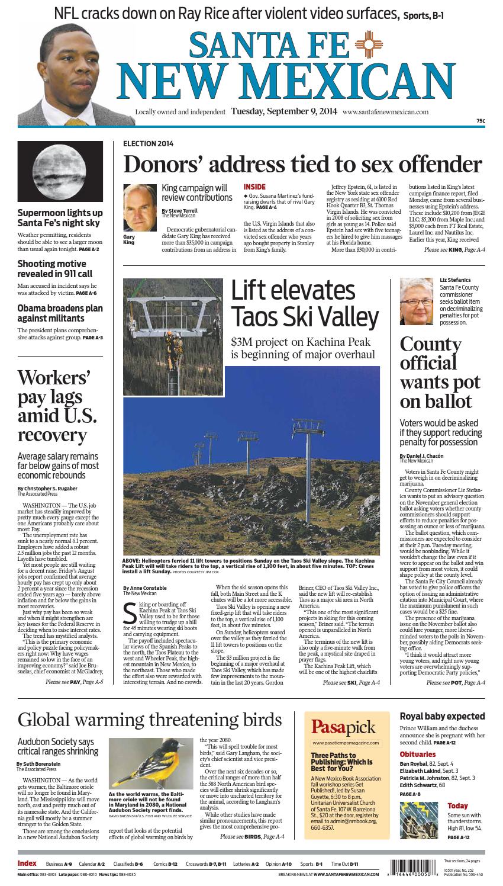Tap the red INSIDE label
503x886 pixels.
pyautogui.click(x=255, y=187)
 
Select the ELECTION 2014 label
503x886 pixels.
pyautogui.click(x=148, y=143)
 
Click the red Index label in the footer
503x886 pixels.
pyautogui.click(x=27, y=863)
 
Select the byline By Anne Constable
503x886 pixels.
pyautogui.click(x=145, y=588)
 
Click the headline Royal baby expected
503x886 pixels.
pyautogui.click(x=442, y=716)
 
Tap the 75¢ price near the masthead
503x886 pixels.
pyautogui.click(x=480, y=121)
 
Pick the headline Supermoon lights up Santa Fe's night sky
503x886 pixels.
pyautogui.click(x=60, y=218)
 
